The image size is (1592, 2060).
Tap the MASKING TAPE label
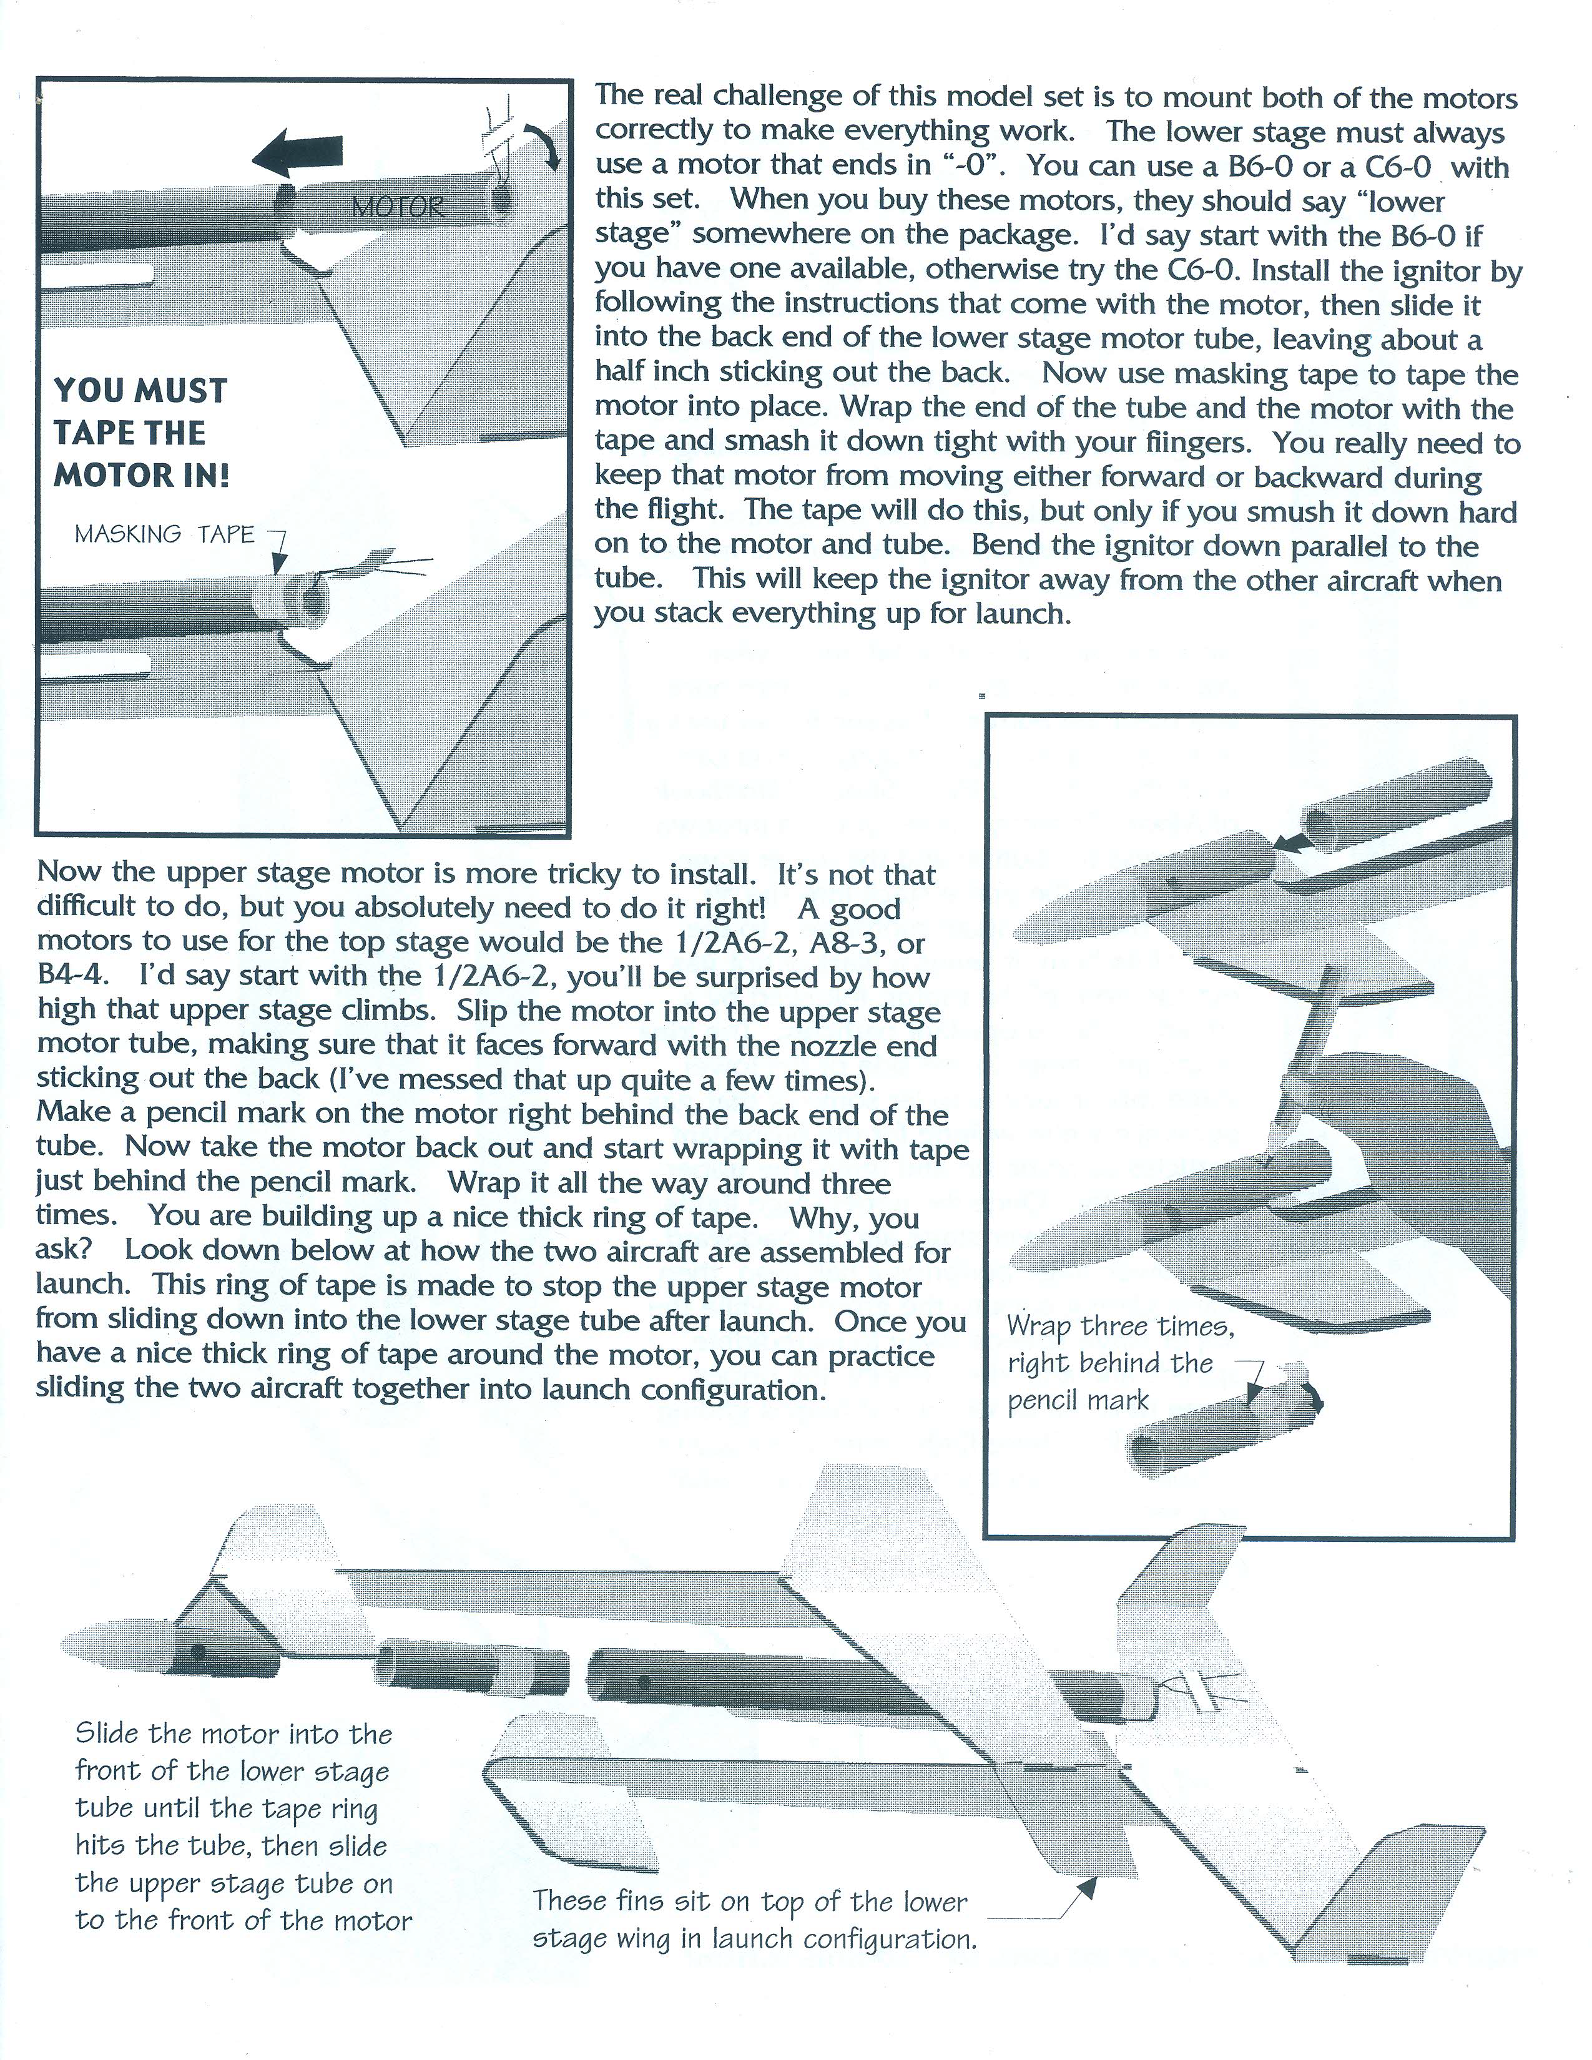pyautogui.click(x=165, y=535)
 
